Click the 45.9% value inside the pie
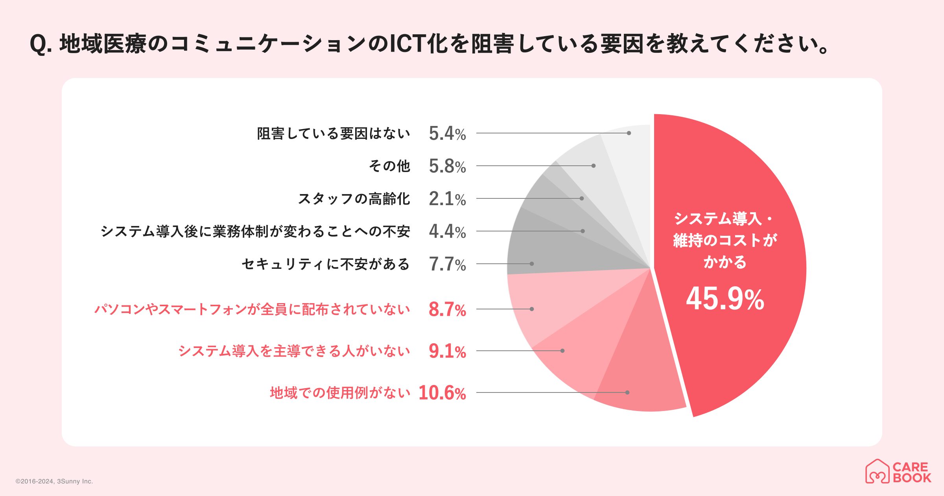point(725,299)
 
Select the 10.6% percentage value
point(442,393)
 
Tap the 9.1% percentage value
point(447,351)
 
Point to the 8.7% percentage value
point(447,309)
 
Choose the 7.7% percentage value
point(447,264)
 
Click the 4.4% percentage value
point(447,231)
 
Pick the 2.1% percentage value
point(447,199)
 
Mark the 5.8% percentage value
point(447,166)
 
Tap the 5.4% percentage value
point(447,133)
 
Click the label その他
point(389,166)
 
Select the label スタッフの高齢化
point(354,199)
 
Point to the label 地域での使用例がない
point(340,393)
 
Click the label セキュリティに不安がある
point(326,264)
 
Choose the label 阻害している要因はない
point(334,133)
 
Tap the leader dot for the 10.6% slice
point(627,392)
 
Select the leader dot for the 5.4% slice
point(629,133)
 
